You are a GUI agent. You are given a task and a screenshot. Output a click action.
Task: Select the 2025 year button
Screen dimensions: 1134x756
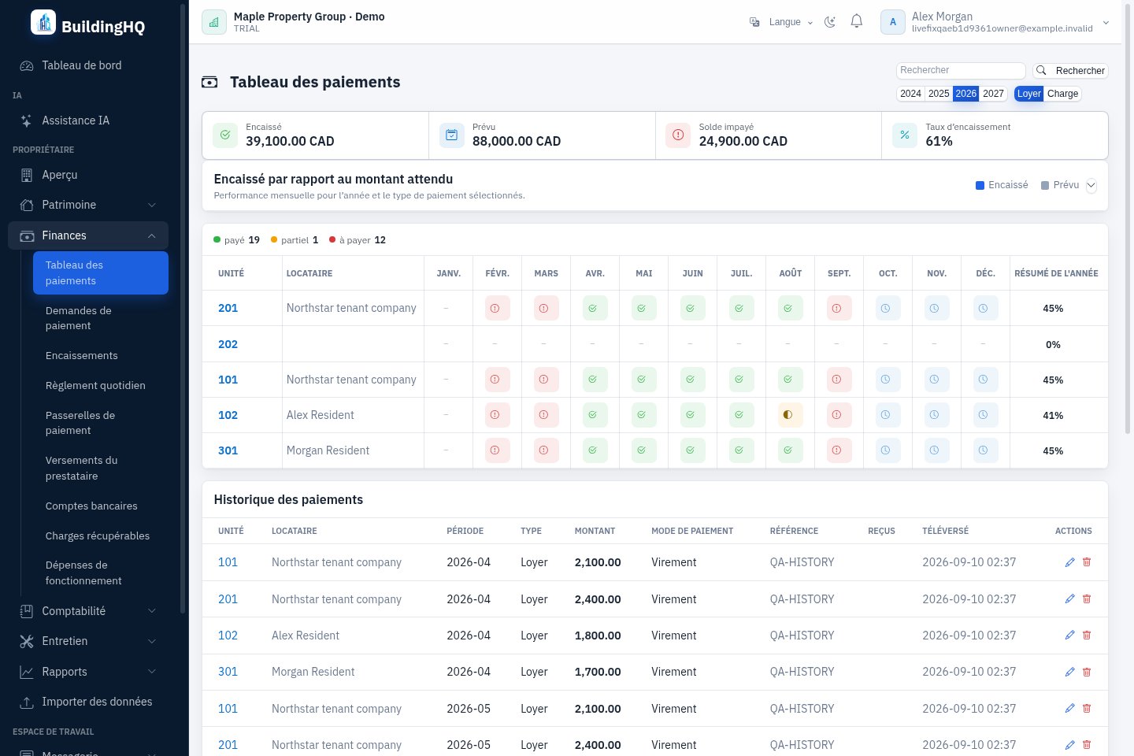[939, 94]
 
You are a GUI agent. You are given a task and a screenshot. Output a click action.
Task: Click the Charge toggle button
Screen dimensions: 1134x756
[1062, 94]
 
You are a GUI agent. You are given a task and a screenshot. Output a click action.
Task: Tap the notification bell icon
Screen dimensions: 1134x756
[856, 21]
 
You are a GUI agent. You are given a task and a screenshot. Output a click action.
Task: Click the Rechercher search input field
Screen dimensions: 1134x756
[961, 70]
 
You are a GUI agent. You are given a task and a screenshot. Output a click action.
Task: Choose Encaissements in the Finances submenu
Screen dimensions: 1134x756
[82, 355]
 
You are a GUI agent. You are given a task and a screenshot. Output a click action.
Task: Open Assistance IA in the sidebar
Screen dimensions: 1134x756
[76, 120]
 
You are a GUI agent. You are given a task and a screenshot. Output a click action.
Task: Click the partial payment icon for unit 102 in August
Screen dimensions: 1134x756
[787, 415]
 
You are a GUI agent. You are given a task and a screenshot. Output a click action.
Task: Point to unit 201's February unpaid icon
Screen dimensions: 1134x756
[495, 309]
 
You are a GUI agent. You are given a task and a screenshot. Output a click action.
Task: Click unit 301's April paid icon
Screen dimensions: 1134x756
[593, 450]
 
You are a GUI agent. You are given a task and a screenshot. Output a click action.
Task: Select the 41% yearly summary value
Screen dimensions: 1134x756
[1052, 415]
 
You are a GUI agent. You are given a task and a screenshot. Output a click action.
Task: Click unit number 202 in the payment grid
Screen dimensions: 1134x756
[228, 344]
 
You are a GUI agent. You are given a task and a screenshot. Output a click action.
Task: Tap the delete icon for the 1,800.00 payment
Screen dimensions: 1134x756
[1087, 635]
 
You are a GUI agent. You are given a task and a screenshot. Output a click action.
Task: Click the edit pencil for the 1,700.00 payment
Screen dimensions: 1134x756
[1069, 672]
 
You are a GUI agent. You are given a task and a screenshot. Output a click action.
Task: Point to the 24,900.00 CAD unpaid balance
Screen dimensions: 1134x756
[743, 141]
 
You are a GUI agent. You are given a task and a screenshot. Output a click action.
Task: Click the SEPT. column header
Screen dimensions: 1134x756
[839, 273]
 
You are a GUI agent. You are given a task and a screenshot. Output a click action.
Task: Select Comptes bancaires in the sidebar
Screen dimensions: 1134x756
[91, 506]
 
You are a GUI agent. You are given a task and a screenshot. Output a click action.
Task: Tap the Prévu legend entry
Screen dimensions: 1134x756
[1060, 185]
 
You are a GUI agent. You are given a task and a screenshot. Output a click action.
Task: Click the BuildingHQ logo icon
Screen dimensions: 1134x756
[43, 22]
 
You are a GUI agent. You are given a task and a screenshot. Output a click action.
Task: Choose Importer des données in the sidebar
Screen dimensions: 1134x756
[86, 702]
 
